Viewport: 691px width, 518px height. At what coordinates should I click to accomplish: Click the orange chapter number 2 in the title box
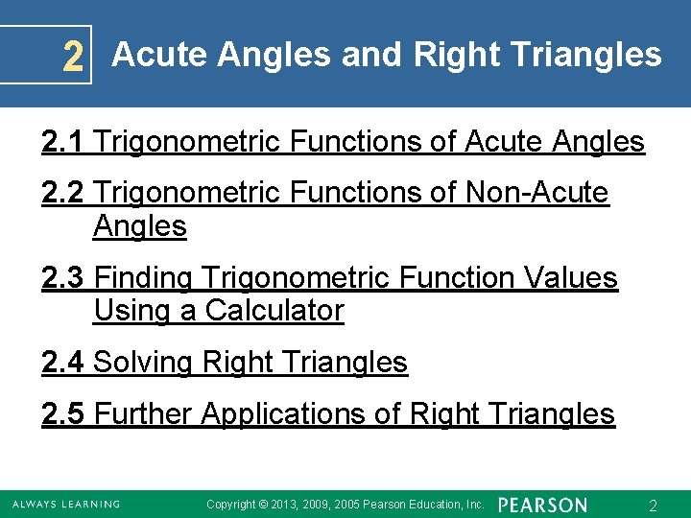pyautogui.click(x=72, y=59)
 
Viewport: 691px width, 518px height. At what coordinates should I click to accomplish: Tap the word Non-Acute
pyautogui.click(x=536, y=193)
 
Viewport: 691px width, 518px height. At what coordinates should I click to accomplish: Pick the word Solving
pyautogui.click(x=144, y=363)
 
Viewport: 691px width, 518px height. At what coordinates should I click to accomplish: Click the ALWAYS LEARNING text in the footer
pyautogui.click(x=66, y=505)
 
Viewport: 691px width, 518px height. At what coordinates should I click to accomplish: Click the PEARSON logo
pyautogui.click(x=543, y=505)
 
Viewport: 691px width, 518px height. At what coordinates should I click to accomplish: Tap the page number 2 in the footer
pyautogui.click(x=653, y=505)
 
